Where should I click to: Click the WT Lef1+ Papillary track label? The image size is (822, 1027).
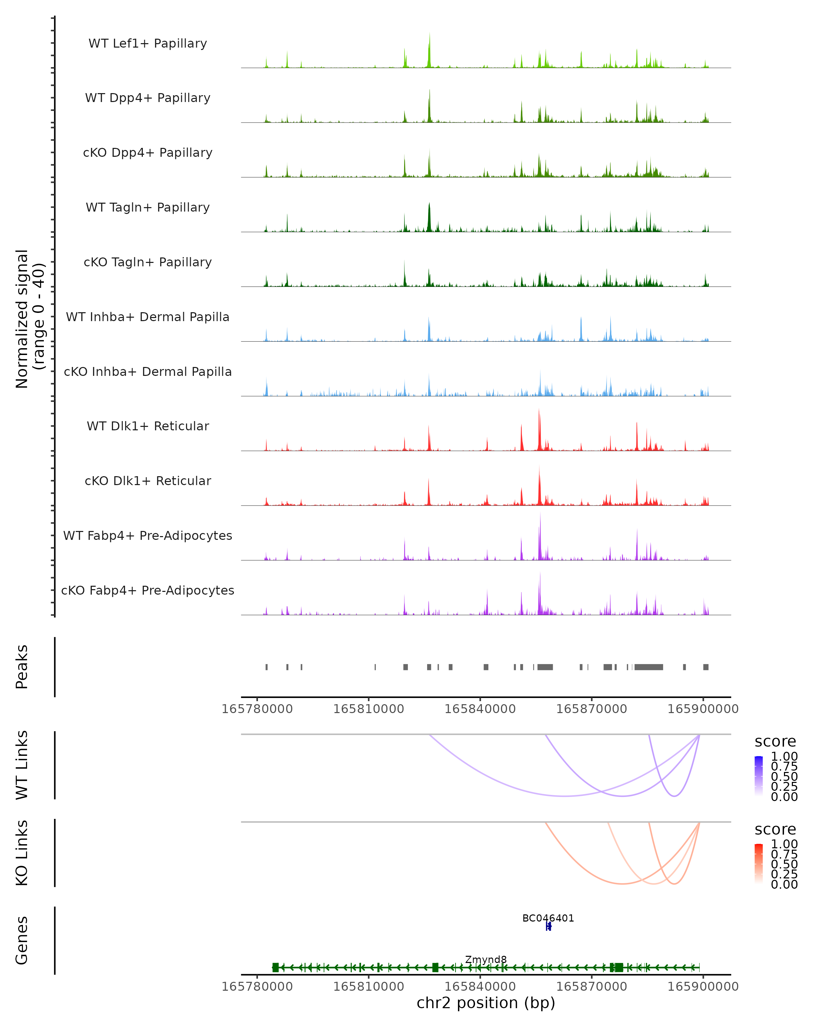pyautogui.click(x=148, y=43)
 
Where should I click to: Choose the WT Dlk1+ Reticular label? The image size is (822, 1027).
pyautogui.click(x=148, y=426)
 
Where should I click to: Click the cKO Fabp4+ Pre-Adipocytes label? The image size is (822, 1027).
pyautogui.click(x=148, y=590)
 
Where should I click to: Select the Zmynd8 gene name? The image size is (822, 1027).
pyautogui.click(x=486, y=959)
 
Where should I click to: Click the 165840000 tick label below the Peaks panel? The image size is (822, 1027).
pyautogui.click(x=480, y=709)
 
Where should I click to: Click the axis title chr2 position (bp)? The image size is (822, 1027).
pyautogui.click(x=486, y=1003)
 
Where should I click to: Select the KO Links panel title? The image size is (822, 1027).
pyautogui.click(x=22, y=853)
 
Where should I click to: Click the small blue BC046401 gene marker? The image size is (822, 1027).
pyautogui.click(x=548, y=926)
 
